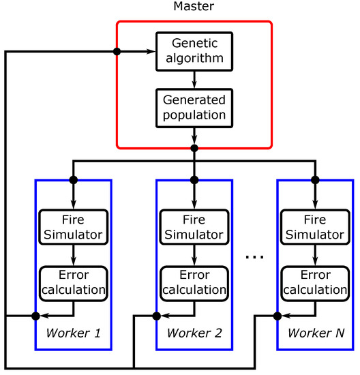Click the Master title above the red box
pos(194,8)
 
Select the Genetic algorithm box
pos(194,51)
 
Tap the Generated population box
pos(194,108)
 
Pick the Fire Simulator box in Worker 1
pos(73,227)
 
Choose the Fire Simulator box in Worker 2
pos(194,227)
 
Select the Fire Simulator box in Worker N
pos(315,227)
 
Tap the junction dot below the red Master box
pos(194,148)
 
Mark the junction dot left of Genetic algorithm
pos(117,51)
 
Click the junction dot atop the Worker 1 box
pos(73,180)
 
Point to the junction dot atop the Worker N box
pos(315,180)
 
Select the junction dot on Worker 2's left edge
pos(156,316)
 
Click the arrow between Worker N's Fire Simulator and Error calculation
pos(315,254)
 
